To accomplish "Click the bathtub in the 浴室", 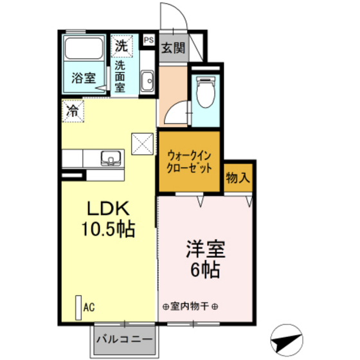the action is (84, 49).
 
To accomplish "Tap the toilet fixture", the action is (206, 92).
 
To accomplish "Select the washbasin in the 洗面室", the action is (147, 81).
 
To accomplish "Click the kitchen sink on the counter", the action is (111, 158).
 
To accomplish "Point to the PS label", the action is (148, 40).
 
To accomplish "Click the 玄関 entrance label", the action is (173, 48).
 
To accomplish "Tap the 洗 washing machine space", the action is (122, 46).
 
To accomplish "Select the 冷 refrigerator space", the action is (73, 111).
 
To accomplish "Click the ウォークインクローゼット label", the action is (189, 162).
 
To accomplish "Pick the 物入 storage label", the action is (238, 177).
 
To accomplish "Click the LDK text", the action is (108, 208).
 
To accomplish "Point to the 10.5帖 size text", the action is (108, 229).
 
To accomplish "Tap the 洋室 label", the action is (206, 249).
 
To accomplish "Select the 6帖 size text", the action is (205, 269).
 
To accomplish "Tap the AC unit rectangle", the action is (78, 307).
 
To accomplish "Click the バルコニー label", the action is (124, 339).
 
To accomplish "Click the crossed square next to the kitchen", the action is (142, 144).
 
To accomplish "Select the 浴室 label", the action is (84, 78).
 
